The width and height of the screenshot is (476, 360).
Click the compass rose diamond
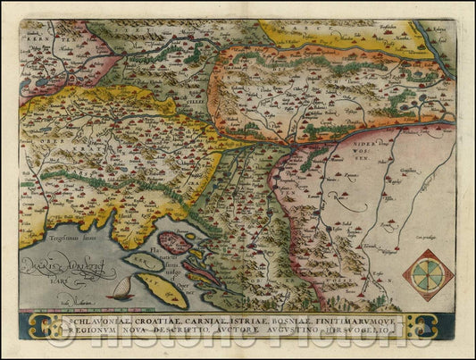point(428,274)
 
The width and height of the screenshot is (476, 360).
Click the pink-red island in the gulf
point(176,242)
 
